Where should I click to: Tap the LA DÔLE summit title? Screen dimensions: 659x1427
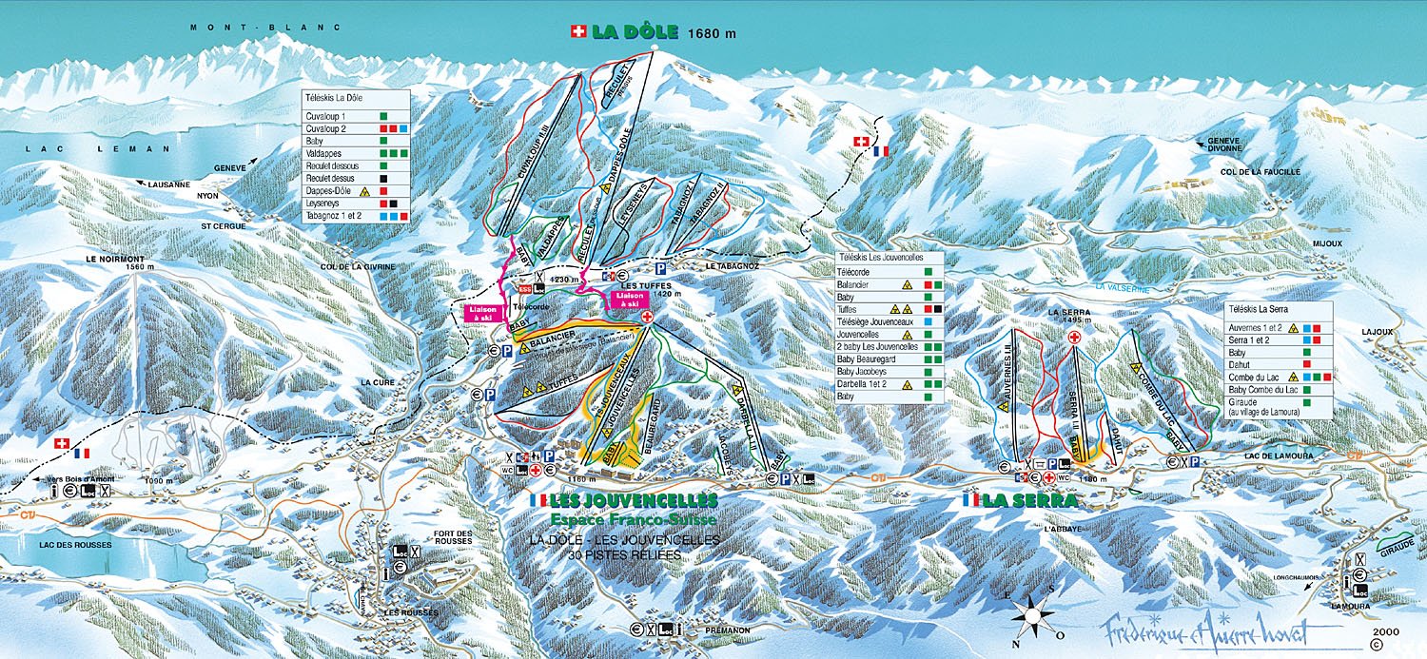coord(635,31)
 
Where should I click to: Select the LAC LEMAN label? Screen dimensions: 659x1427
coord(98,148)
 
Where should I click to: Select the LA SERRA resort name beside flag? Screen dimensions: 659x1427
coord(1029,500)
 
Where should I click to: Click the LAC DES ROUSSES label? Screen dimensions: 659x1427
coord(70,545)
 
